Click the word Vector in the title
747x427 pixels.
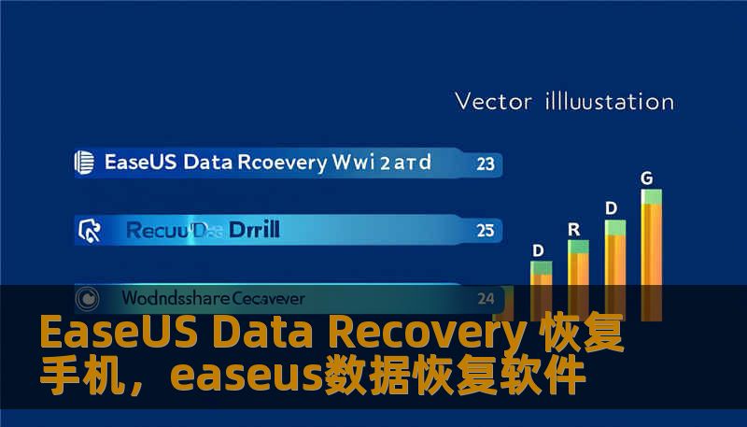(491, 101)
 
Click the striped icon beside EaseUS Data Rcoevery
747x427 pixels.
(84, 163)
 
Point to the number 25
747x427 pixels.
(485, 230)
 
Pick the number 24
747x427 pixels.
(486, 299)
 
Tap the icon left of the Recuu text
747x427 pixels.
(91, 229)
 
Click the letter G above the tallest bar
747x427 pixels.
(646, 178)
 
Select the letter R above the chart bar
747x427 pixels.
(574, 229)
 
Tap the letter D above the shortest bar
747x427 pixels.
(538, 250)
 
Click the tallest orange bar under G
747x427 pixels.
(652, 252)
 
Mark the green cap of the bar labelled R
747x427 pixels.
(579, 247)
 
